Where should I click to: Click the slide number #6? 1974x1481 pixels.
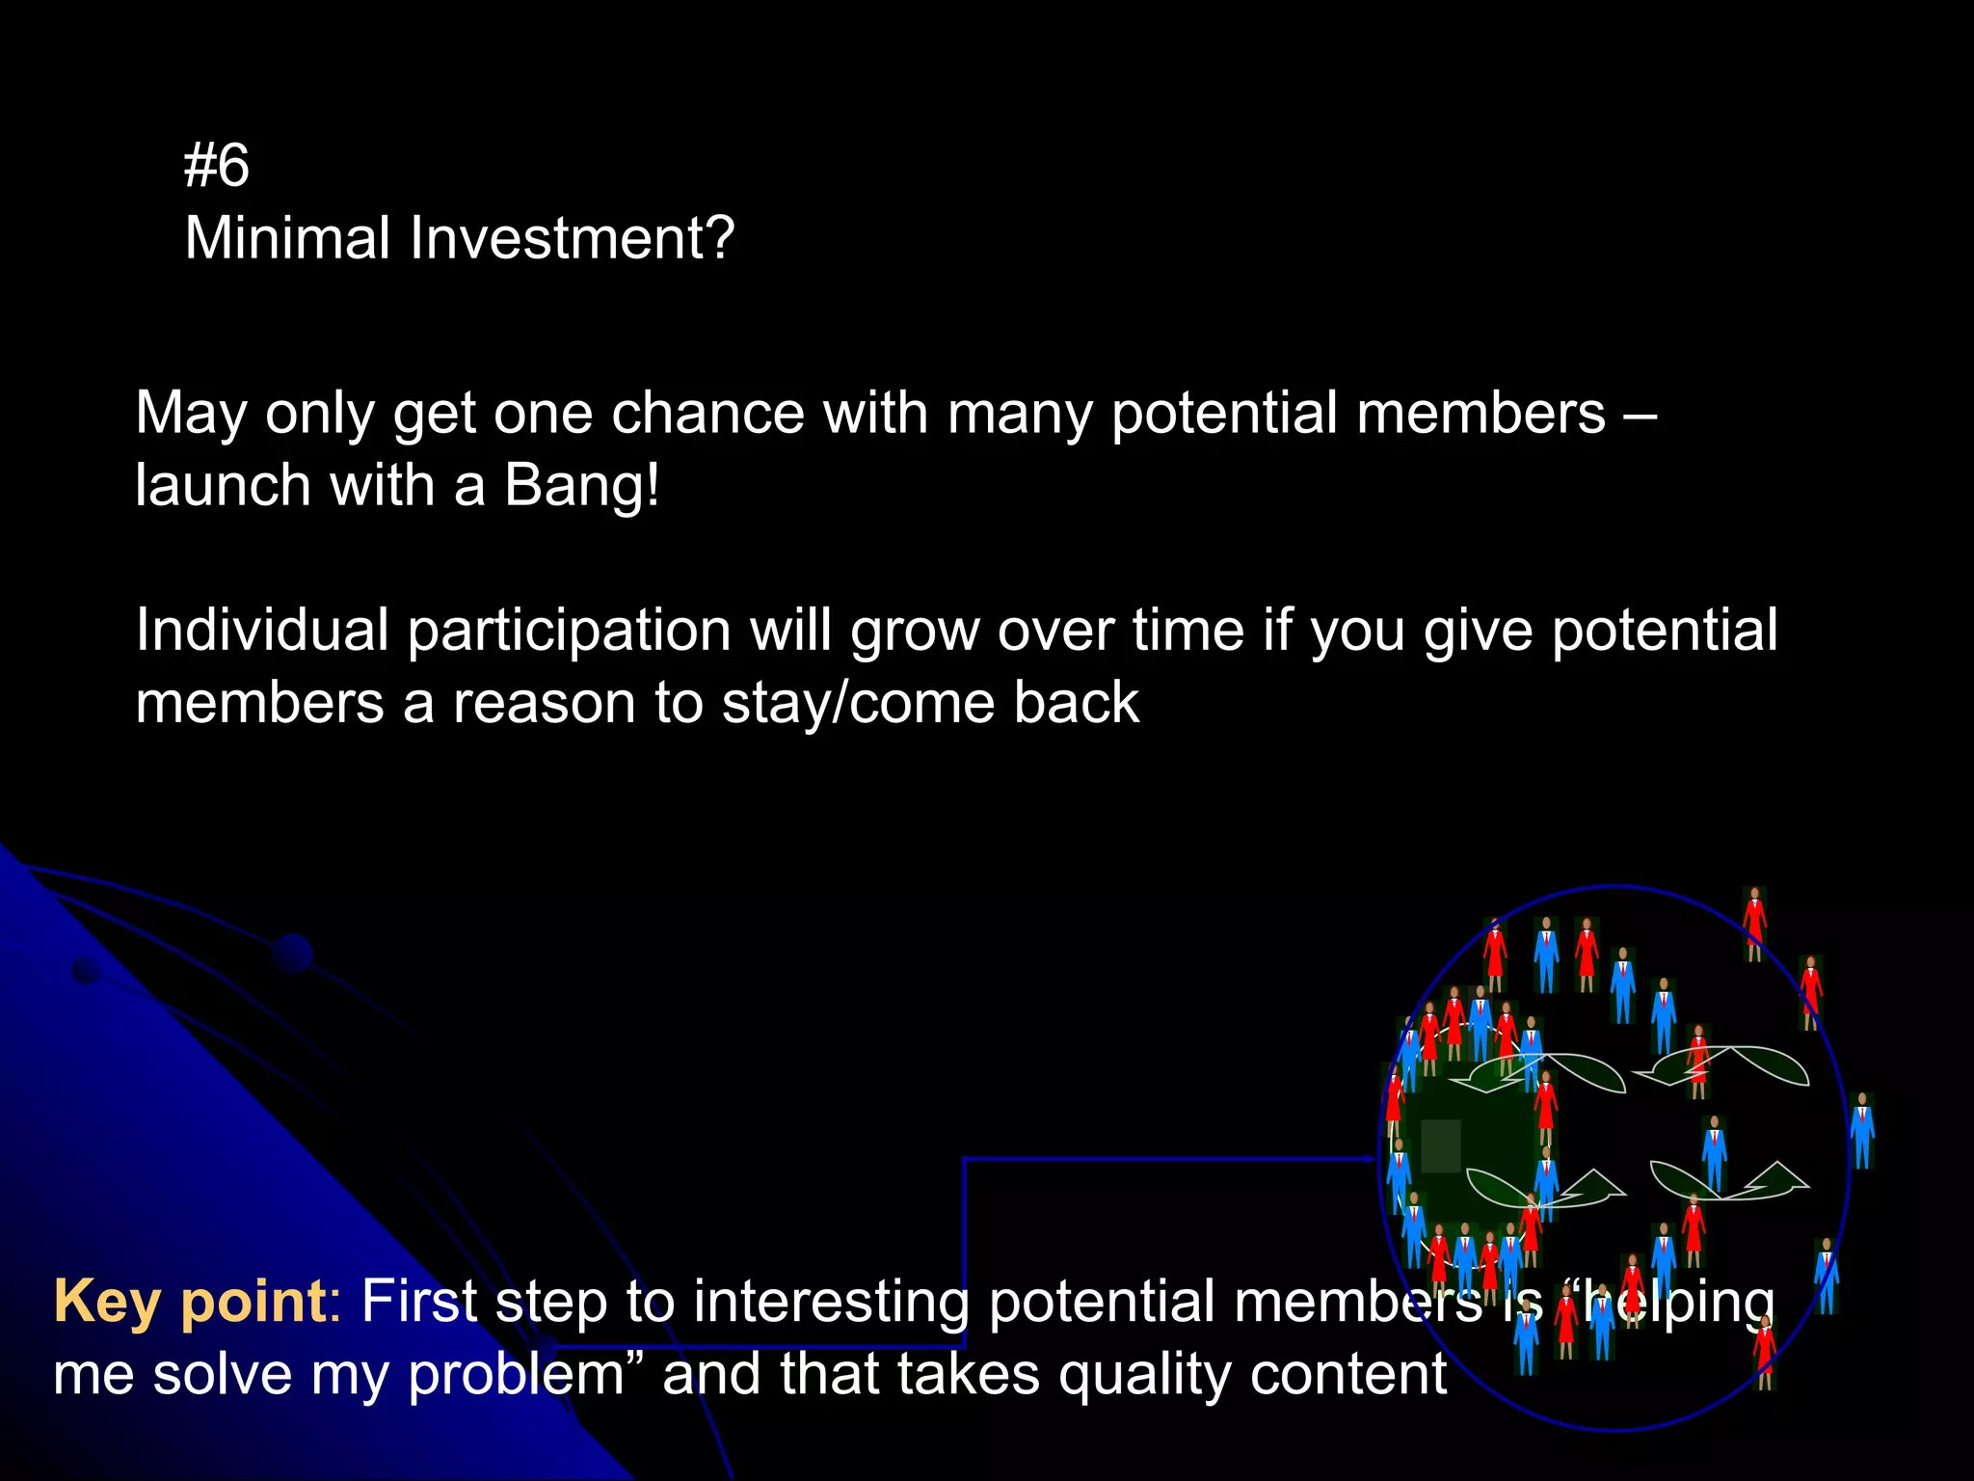[x=216, y=165]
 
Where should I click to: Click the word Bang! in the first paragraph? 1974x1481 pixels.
[x=581, y=485]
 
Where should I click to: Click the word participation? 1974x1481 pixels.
[x=569, y=633]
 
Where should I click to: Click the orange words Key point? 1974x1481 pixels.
[x=190, y=1302]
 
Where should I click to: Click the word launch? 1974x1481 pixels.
[x=223, y=485]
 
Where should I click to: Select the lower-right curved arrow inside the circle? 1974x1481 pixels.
[x=1730, y=1181]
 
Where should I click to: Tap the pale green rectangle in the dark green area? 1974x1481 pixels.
[x=1441, y=1145]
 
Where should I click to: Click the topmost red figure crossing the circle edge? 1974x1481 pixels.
[x=1754, y=923]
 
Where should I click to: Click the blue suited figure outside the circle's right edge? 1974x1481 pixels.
[x=1862, y=1130]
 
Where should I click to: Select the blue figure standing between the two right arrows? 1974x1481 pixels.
[x=1714, y=1152]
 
